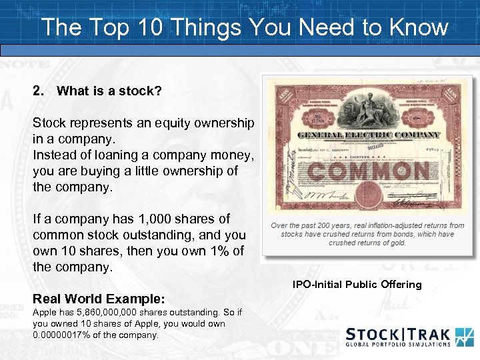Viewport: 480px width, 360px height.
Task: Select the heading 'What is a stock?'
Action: [109, 91]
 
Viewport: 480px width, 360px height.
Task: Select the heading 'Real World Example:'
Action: [99, 298]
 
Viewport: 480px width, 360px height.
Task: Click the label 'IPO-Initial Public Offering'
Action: [357, 285]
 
